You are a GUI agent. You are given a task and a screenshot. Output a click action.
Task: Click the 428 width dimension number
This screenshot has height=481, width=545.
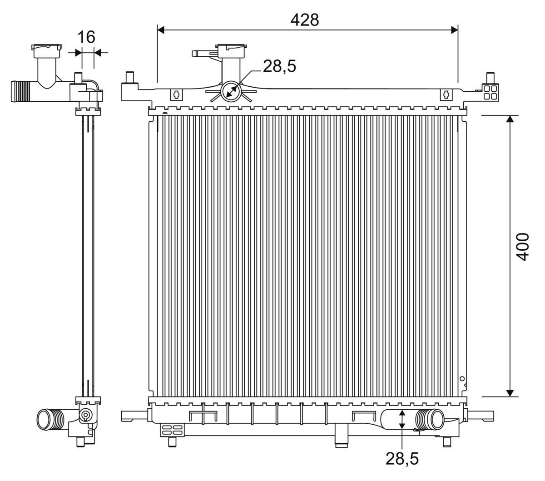pos(305,20)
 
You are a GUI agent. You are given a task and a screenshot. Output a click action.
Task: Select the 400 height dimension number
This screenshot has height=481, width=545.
pos(524,246)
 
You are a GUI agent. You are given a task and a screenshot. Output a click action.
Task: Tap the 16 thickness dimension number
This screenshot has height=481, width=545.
pos(86,37)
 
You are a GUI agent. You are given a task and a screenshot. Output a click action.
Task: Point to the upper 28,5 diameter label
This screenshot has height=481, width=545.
pos(279,66)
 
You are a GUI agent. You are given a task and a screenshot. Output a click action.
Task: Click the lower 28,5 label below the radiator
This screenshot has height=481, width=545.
pos(402,459)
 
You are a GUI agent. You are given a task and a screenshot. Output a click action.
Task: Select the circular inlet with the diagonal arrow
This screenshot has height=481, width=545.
pos(230,91)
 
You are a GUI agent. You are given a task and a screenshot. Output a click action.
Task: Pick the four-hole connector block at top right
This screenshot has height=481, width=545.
pos(490,91)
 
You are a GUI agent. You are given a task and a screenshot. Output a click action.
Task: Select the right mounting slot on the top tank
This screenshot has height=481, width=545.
pos(446,94)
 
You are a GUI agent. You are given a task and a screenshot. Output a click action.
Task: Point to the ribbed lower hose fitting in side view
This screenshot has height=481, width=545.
pos(51,418)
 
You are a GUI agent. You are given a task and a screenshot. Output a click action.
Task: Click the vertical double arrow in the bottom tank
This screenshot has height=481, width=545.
pos(402,419)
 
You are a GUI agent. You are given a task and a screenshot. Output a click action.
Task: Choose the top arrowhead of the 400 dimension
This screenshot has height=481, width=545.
pos(510,119)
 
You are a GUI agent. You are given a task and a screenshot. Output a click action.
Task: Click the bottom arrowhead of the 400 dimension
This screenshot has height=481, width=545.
pos(510,392)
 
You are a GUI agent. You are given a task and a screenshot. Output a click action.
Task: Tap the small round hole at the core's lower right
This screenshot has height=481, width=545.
pos(462,378)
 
